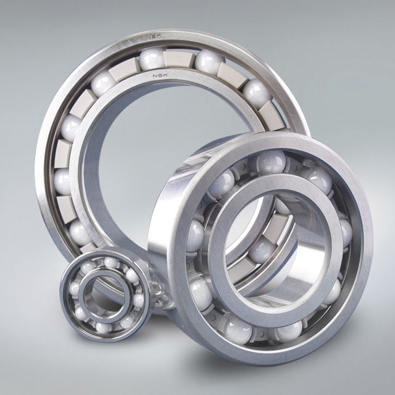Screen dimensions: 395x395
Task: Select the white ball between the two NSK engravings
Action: click(x=152, y=59)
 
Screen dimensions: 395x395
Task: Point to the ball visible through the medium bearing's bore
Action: click(x=258, y=249)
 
